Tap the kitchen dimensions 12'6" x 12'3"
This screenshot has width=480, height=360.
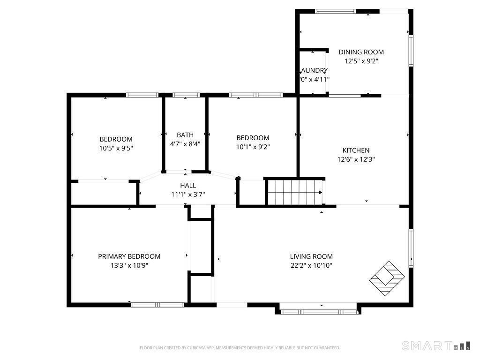pos(356,159)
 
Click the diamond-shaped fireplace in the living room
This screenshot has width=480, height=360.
pos(387,278)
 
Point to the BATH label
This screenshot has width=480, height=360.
pos(185,135)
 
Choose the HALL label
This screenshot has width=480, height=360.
pos(187,186)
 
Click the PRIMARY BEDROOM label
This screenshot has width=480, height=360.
pos(129,256)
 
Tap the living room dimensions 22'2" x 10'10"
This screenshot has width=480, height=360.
pos(311,265)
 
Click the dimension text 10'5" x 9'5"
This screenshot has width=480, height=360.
pos(116,148)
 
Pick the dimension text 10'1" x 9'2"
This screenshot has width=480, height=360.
pos(253,147)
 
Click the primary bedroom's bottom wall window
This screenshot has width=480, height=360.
pos(157,305)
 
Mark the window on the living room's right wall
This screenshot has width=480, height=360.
pos(411,247)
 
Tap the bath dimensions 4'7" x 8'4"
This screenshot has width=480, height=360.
pos(185,144)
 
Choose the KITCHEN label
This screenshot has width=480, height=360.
pos(356,150)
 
